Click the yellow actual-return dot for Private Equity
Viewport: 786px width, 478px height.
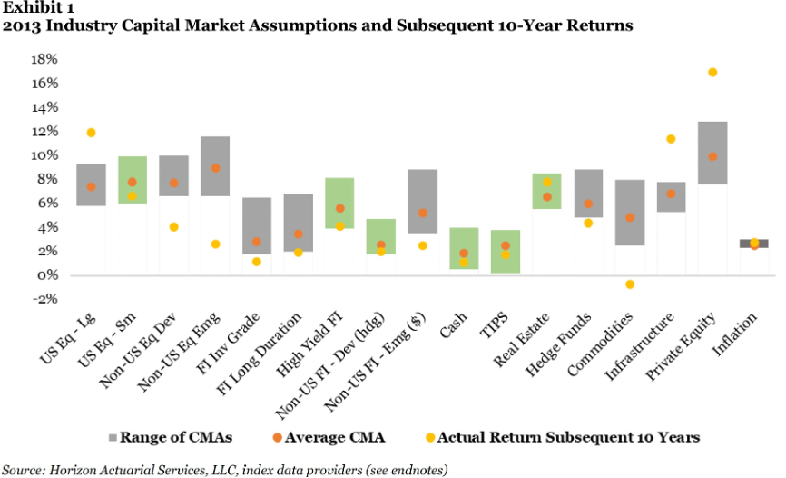(x=712, y=73)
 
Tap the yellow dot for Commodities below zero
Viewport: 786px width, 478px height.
(x=630, y=284)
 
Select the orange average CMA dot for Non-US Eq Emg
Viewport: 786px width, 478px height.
(x=214, y=168)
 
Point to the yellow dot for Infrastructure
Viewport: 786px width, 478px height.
(x=671, y=139)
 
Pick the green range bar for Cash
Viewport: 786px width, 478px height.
(x=464, y=248)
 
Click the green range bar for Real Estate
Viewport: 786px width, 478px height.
(x=546, y=191)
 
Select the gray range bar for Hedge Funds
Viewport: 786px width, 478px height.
(x=588, y=194)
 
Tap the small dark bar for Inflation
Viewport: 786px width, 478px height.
(x=753, y=244)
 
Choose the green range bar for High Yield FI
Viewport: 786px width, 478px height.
(x=339, y=203)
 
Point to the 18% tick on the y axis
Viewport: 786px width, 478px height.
(x=44, y=60)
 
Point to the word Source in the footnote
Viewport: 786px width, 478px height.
(x=23, y=469)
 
